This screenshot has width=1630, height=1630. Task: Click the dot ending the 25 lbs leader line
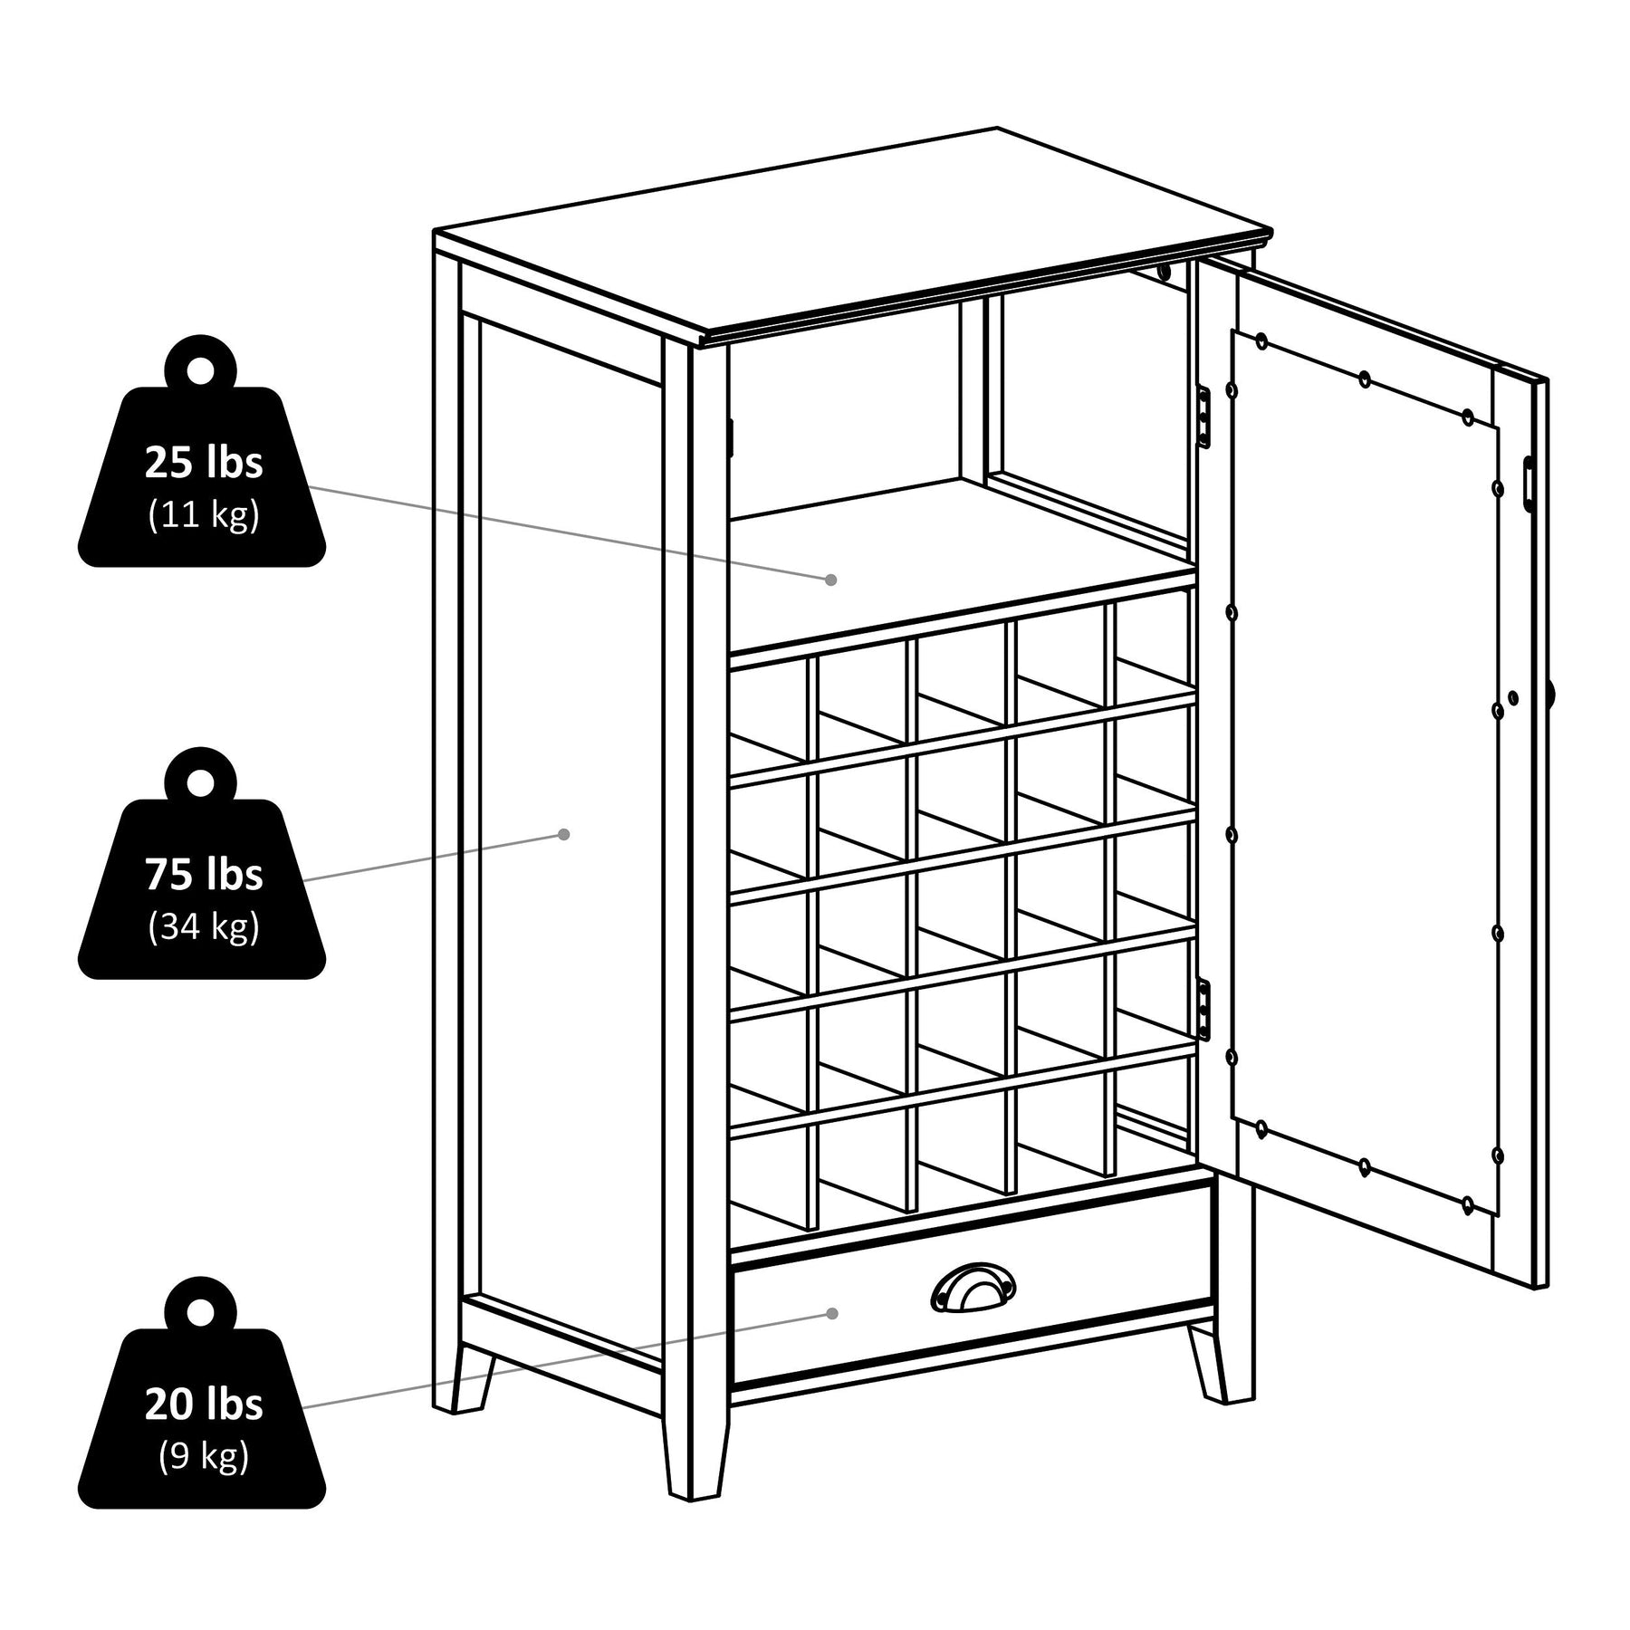pos(829,579)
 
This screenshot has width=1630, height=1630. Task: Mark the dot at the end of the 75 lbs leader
pos(563,834)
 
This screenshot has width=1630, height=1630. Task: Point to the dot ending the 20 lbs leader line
pos(831,1313)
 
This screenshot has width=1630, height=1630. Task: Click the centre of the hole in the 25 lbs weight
pos(201,369)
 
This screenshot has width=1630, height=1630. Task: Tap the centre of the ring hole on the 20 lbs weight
pos(201,1310)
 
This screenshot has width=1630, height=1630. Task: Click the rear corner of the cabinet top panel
pos(997,128)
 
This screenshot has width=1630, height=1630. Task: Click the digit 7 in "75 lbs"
pos(155,875)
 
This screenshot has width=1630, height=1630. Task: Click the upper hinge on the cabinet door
pos(1203,416)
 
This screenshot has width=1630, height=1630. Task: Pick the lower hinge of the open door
pos(1203,1009)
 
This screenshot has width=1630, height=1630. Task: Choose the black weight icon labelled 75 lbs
pos(201,863)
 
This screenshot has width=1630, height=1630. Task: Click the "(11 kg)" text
pos(204,514)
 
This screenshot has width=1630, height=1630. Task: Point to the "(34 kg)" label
pos(204,926)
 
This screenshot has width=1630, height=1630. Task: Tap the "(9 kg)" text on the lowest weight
pos(204,1455)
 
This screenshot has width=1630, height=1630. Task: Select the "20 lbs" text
pos(204,1404)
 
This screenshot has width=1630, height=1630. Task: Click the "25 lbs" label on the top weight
pos(204,463)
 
